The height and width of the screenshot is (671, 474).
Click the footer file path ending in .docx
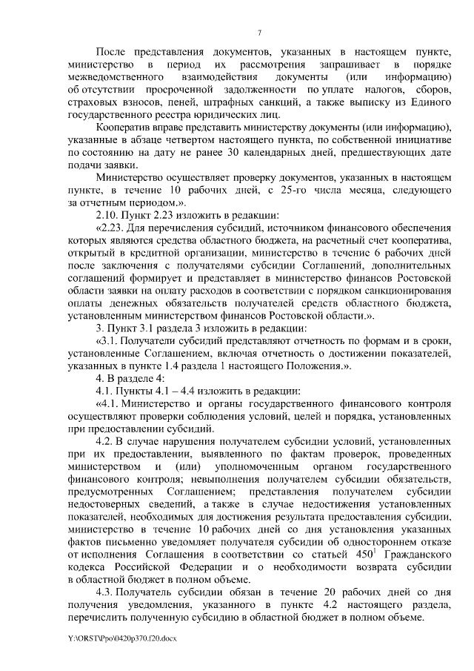[x=121, y=637]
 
